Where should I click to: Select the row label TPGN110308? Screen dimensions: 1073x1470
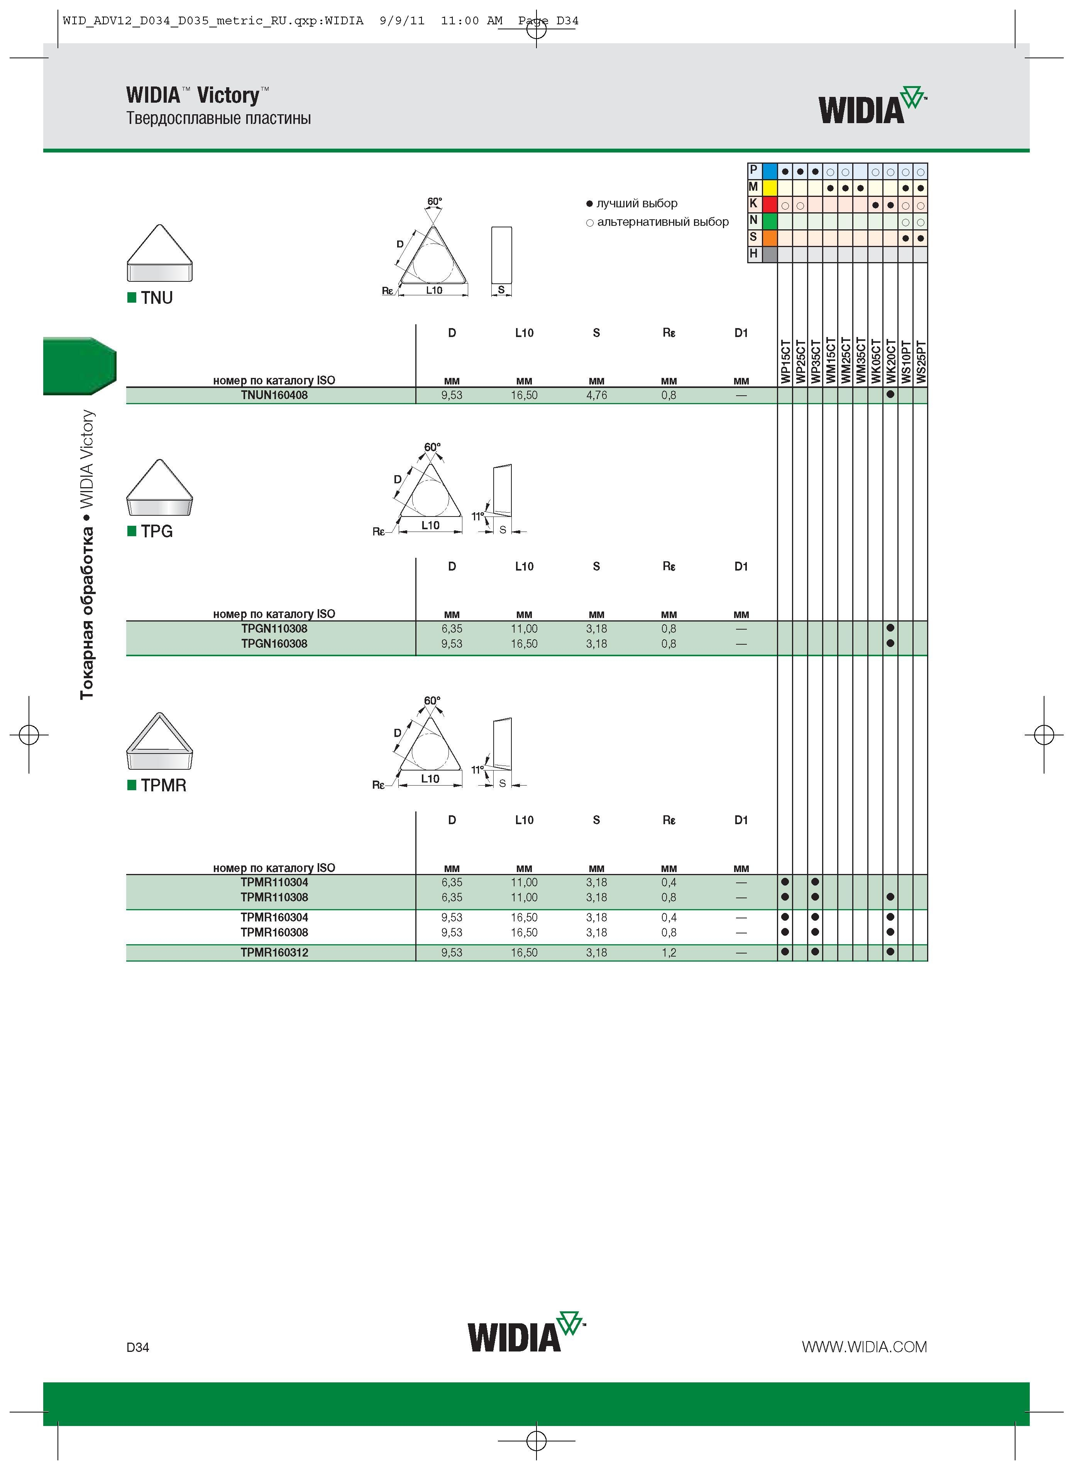click(x=274, y=629)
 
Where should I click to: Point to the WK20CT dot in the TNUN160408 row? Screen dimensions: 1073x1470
click(x=890, y=394)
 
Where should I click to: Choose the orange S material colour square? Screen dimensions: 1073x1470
click(x=770, y=238)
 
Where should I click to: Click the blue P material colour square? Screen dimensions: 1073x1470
click(x=770, y=171)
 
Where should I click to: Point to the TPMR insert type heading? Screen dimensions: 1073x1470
click(x=164, y=785)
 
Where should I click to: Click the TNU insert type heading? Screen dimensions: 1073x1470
click(x=157, y=298)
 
